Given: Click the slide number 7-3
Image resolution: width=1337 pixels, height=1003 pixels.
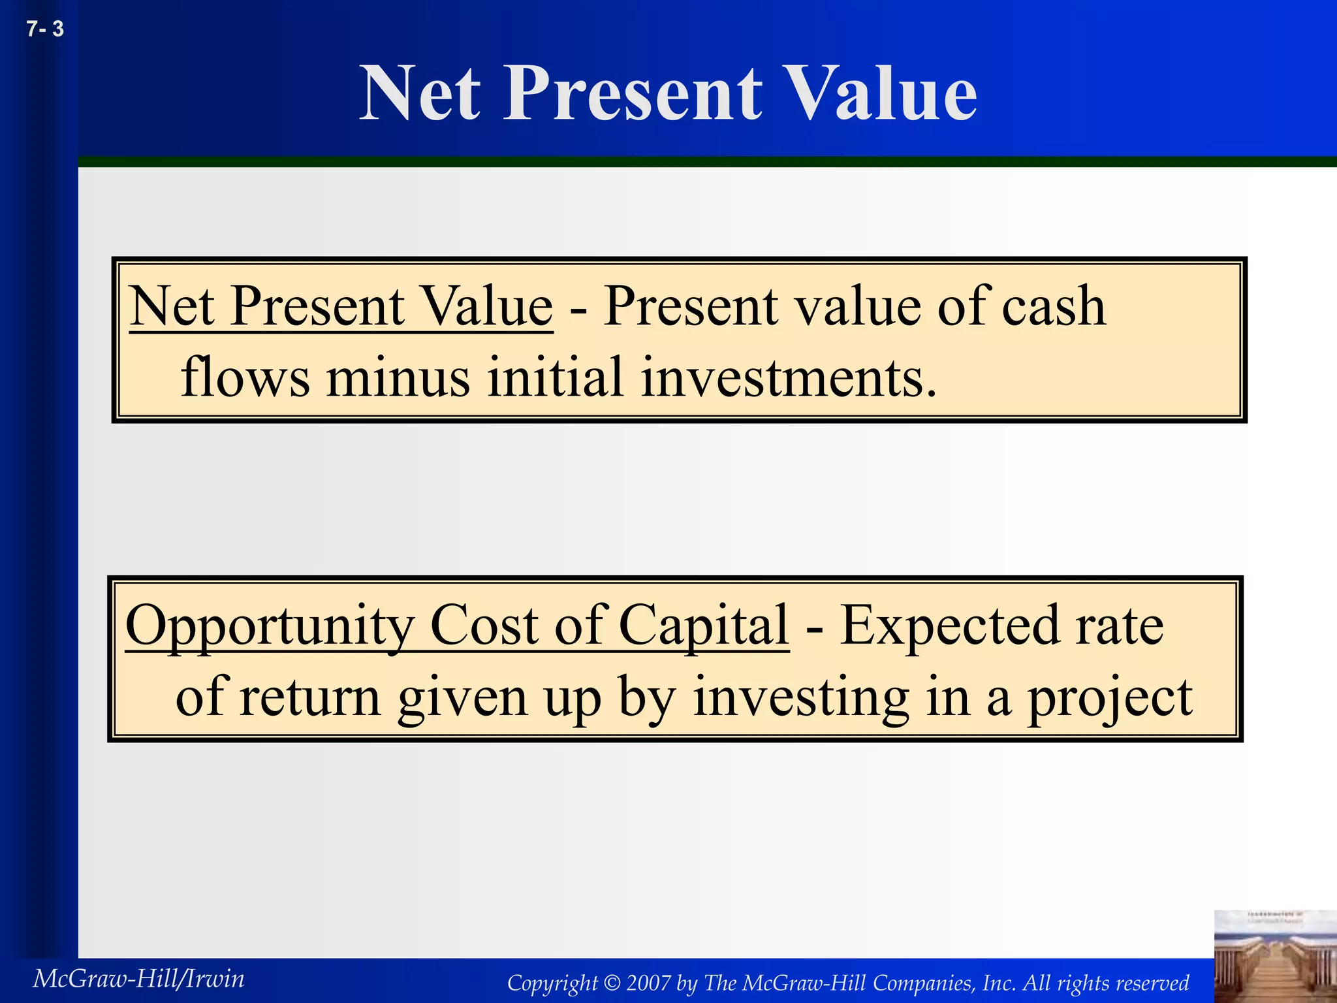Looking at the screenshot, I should pyautogui.click(x=45, y=29).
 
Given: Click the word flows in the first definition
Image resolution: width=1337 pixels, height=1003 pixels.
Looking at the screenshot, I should pyautogui.click(x=245, y=377).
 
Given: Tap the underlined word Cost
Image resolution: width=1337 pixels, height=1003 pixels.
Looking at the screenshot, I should pyautogui.click(x=484, y=625).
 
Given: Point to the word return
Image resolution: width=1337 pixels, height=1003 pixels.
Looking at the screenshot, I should pyautogui.click(x=310, y=697).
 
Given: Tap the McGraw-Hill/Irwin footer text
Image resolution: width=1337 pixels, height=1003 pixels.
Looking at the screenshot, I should pyautogui.click(x=138, y=979).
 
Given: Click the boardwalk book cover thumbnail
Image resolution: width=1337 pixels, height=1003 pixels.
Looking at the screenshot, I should pyautogui.click(x=1274, y=956).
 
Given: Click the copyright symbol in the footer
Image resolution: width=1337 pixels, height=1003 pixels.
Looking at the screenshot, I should pyautogui.click(x=612, y=983).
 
